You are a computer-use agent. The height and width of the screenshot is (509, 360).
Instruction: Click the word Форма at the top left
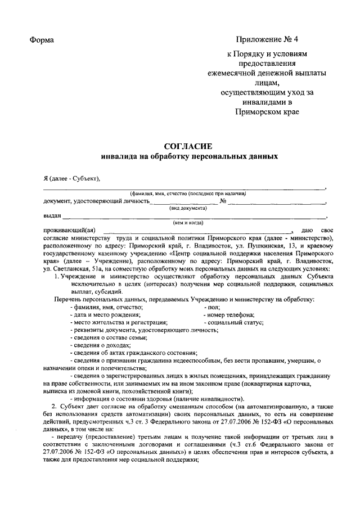click(42, 40)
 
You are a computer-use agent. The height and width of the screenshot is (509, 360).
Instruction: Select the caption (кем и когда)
click(188, 223)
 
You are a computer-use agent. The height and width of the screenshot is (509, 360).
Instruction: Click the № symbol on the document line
click(223, 201)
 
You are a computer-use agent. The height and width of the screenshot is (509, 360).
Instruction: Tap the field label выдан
click(52, 215)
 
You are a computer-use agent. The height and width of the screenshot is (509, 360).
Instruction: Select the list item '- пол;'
click(212, 307)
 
